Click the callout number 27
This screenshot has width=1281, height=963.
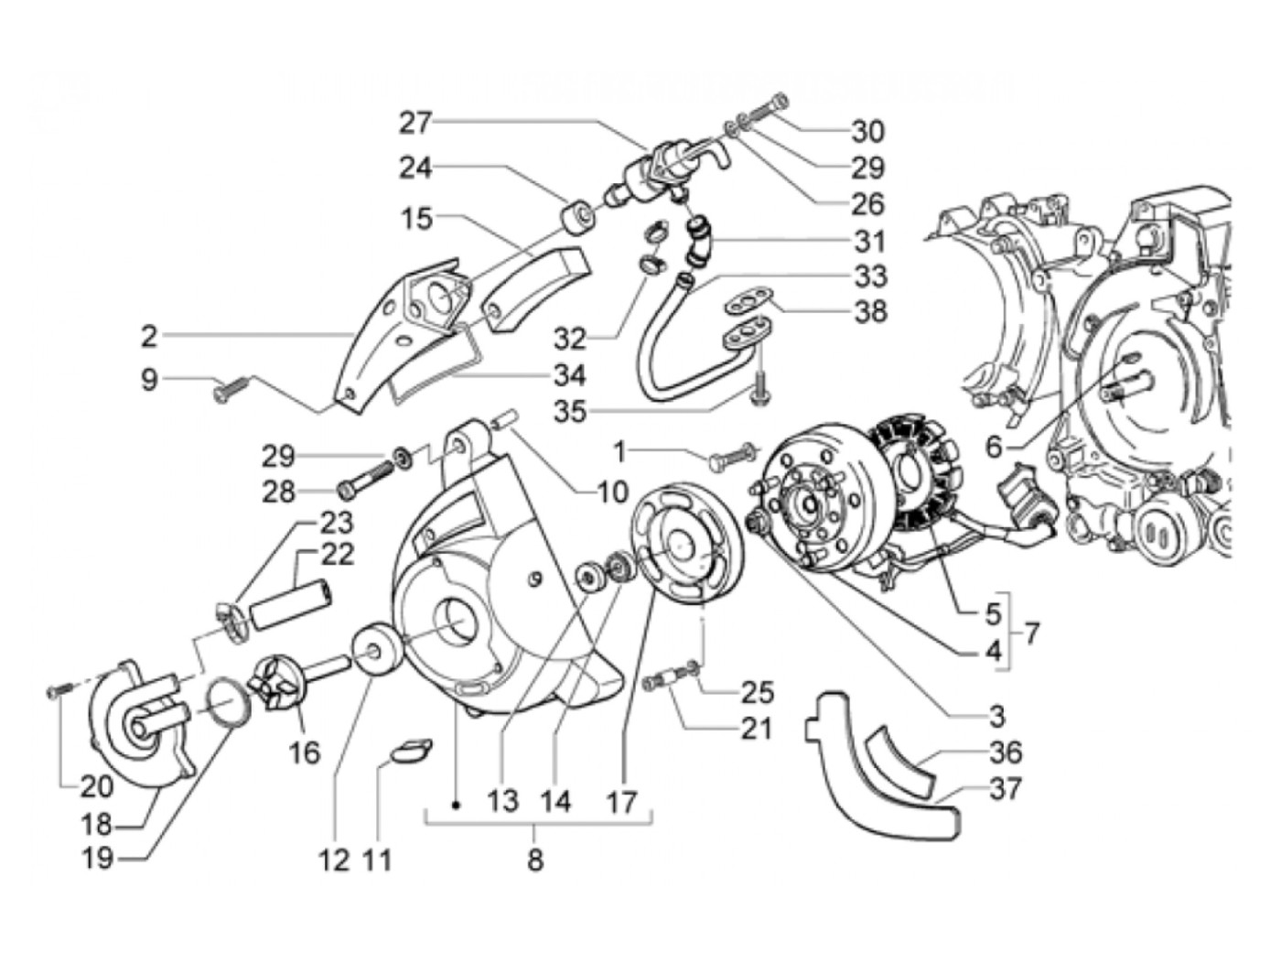point(416,122)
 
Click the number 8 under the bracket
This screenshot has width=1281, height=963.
point(535,860)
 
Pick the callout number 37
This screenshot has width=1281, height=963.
point(1004,788)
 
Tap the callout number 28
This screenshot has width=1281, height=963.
point(278,492)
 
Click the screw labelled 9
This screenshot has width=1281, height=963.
point(223,391)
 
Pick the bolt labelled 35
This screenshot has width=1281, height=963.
point(762,395)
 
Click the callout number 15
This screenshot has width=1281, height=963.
point(415,220)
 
